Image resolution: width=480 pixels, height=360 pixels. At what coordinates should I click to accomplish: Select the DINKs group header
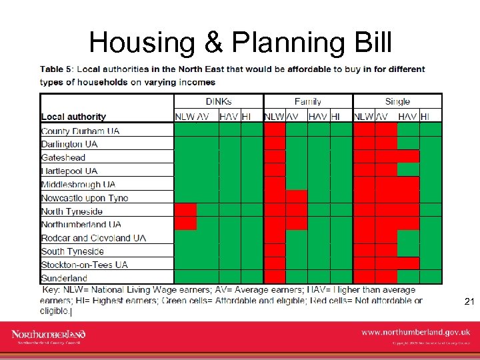tap(219, 101)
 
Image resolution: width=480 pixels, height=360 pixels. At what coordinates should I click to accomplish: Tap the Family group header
tap(307, 101)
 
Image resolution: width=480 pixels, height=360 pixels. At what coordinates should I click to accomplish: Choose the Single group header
tap(397, 101)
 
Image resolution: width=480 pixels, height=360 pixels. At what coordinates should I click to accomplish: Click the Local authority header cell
tap(73, 117)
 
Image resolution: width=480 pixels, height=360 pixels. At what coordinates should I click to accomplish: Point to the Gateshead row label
tap(63, 157)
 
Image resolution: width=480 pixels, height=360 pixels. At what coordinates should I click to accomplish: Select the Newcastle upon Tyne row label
tap(84, 197)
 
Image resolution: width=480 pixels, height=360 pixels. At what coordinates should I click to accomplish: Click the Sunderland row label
tap(64, 277)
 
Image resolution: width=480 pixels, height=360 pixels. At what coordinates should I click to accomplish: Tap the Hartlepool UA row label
tap(69, 171)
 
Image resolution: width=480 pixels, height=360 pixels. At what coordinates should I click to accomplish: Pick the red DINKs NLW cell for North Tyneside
tap(185, 210)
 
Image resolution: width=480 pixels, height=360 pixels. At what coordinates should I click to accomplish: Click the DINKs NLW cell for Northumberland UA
tap(185, 223)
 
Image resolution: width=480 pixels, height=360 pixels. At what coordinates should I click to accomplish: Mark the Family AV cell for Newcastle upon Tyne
tap(297, 197)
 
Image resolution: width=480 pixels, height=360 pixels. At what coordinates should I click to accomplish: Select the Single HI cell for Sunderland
tap(431, 277)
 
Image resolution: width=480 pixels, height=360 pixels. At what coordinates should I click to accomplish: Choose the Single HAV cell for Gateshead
tap(408, 157)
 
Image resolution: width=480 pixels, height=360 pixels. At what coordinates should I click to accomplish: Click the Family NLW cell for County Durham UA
tap(274, 130)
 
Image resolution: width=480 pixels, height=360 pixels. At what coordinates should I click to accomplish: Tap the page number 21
tap(469, 302)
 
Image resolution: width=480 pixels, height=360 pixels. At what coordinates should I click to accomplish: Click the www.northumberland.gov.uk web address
tap(415, 331)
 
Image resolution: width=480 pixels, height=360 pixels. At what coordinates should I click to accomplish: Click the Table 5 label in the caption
tap(58, 69)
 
